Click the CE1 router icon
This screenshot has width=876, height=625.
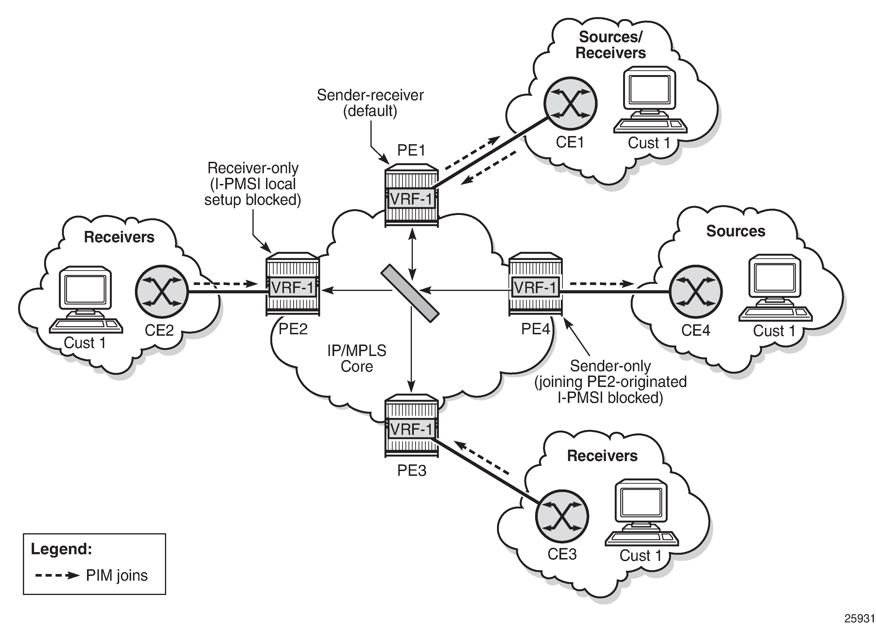point(570,103)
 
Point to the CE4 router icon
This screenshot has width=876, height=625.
point(696,291)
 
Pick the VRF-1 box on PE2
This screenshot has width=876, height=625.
point(292,287)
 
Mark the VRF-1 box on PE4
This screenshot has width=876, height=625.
point(535,287)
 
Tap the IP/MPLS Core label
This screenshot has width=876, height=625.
point(357,358)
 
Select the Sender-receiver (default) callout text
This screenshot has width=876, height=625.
point(370,103)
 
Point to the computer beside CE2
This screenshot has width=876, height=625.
point(85,300)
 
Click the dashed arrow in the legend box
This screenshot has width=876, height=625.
point(57,576)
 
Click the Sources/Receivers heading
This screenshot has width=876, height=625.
point(610,45)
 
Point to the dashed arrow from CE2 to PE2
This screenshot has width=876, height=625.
point(225,284)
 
